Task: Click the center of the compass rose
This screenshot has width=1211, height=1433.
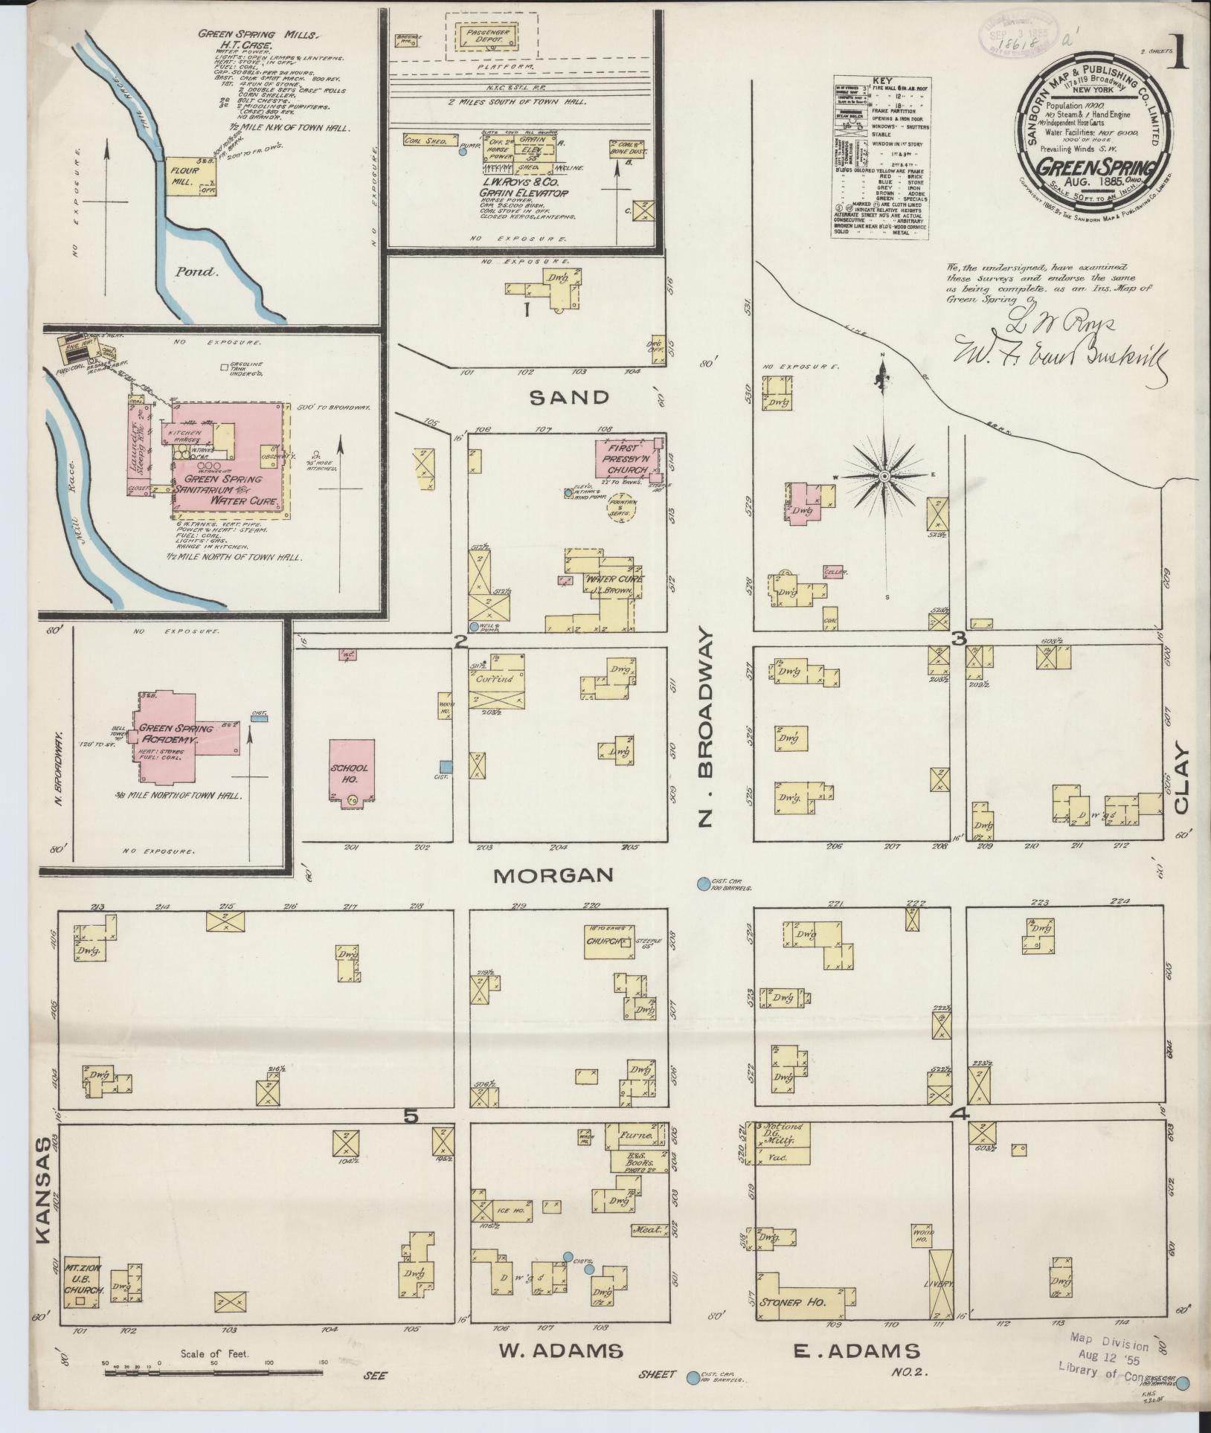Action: pos(884,475)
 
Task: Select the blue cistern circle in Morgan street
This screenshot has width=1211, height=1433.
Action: pos(702,884)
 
